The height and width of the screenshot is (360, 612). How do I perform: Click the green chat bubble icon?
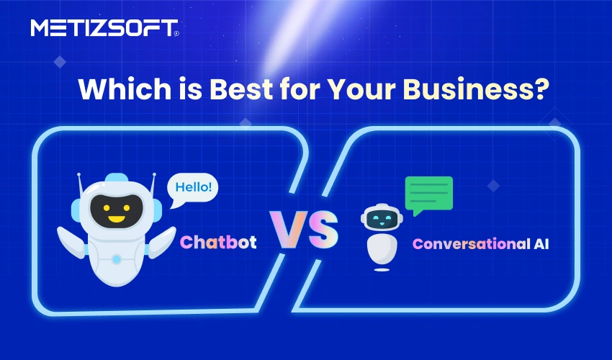pos(429,194)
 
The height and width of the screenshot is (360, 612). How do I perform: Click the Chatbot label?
pos(218,242)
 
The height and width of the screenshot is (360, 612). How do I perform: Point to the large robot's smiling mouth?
pos(115,217)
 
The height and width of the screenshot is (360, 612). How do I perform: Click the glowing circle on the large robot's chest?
pos(116,257)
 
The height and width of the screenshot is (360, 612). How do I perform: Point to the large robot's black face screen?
pos(115,209)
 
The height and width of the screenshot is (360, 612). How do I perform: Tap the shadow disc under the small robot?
pos(381,271)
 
